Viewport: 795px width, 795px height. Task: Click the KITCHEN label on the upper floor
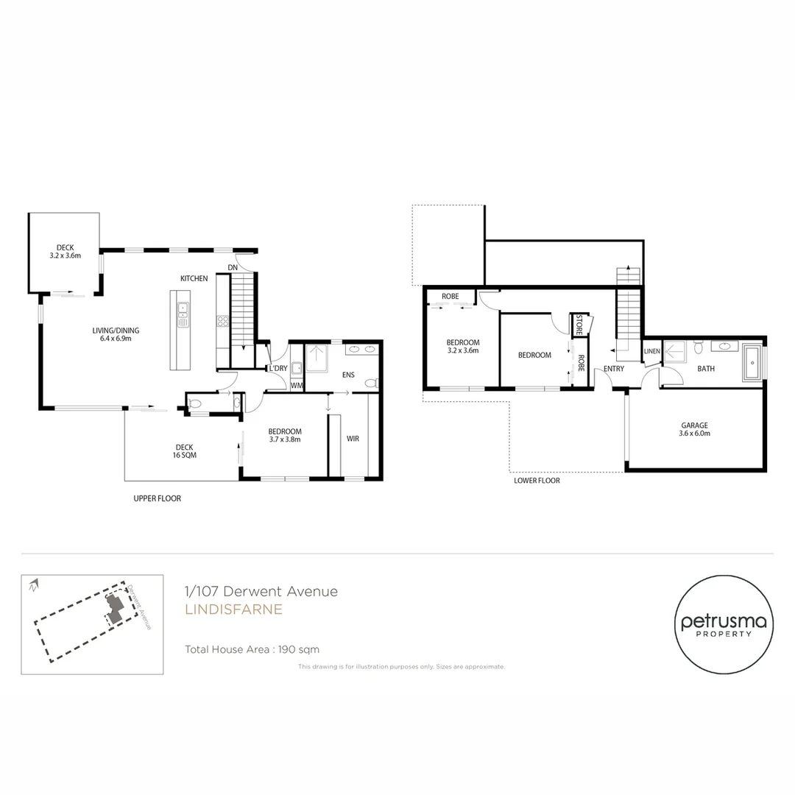click(194, 278)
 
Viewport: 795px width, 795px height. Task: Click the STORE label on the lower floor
click(579, 325)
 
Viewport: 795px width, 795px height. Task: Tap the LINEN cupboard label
click(651, 351)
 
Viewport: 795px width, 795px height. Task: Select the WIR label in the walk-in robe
click(353, 439)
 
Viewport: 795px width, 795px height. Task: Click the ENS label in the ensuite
click(348, 375)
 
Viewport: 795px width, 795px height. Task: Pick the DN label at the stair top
click(233, 267)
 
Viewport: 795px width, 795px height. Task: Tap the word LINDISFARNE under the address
click(233, 609)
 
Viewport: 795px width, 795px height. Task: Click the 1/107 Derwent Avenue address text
click(261, 591)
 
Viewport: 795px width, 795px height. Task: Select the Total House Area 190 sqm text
click(252, 649)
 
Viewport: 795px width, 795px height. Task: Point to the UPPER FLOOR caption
click(157, 498)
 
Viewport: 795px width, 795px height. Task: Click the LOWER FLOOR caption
click(537, 481)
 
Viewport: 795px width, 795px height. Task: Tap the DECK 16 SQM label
click(184, 451)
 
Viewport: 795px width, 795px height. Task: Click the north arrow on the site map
click(32, 586)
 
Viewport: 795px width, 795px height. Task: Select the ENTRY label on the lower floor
click(614, 368)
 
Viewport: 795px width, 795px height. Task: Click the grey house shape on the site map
click(115, 607)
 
